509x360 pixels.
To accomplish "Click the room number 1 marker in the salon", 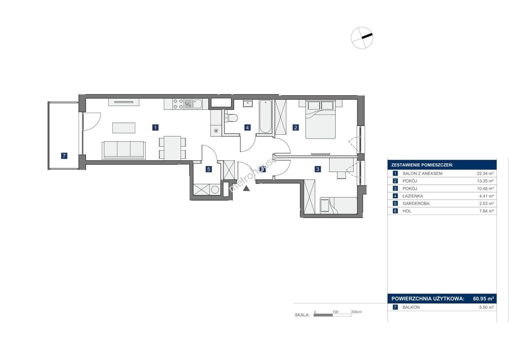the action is point(155,127).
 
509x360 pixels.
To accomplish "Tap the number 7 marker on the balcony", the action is point(64,156).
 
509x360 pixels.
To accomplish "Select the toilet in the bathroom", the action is point(231,118).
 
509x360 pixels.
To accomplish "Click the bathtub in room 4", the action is point(265,116).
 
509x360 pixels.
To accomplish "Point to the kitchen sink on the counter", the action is point(197,104).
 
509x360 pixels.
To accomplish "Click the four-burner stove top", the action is point(178,104).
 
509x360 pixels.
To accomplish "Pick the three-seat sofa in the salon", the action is point(124,150).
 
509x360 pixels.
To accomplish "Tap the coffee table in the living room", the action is point(124,128).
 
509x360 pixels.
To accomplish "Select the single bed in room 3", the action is point(338,205).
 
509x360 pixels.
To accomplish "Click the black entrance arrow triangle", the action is point(246,188).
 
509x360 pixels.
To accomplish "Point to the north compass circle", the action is point(362,38).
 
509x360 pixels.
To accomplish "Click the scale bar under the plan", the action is point(332,315).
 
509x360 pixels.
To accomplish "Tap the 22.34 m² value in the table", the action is point(485,173).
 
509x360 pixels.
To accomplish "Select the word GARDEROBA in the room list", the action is point(416,203).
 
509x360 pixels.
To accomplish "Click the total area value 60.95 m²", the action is point(483,298).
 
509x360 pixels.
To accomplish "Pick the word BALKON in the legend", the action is point(411,307).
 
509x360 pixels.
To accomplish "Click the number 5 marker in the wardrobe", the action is point(209,169).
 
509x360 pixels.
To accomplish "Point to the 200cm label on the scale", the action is point(356,312).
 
